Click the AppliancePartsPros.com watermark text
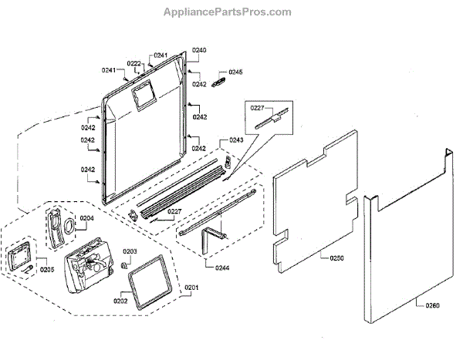[x=228, y=12]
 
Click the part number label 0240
[x=200, y=50]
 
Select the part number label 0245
[x=235, y=72]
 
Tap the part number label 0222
[x=133, y=63]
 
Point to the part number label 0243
[x=236, y=140]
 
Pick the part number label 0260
[x=432, y=305]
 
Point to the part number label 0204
[x=87, y=218]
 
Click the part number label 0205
[x=47, y=270]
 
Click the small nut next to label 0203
[x=123, y=264]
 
